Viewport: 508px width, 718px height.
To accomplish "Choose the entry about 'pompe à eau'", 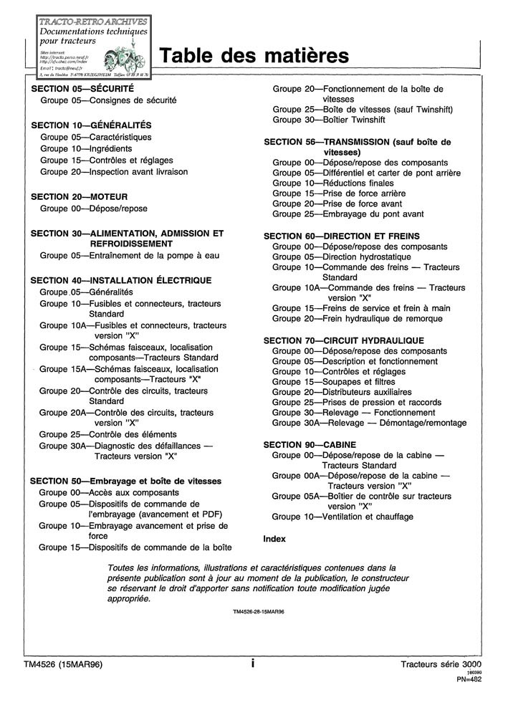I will click(130, 255).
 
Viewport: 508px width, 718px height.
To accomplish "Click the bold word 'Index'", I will click(274, 538).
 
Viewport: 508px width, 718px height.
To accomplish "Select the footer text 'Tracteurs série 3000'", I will click(441, 664).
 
